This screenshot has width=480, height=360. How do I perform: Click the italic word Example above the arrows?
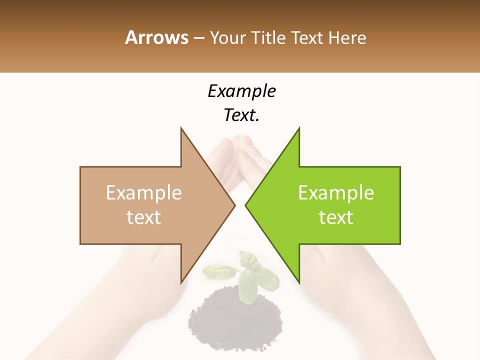point(241,91)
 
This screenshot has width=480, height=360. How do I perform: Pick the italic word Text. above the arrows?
point(241,115)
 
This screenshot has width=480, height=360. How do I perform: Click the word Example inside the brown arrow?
point(144,193)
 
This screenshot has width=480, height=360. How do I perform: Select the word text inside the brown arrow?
point(144,217)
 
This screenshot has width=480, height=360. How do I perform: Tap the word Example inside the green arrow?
point(336,193)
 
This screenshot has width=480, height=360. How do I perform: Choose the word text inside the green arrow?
point(336,217)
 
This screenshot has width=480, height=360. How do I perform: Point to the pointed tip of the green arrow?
point(246,205)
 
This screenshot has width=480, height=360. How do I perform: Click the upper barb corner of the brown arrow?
point(181,129)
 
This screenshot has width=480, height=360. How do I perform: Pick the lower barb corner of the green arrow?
point(299,282)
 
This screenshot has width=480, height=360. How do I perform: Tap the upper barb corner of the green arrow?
point(299,129)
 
